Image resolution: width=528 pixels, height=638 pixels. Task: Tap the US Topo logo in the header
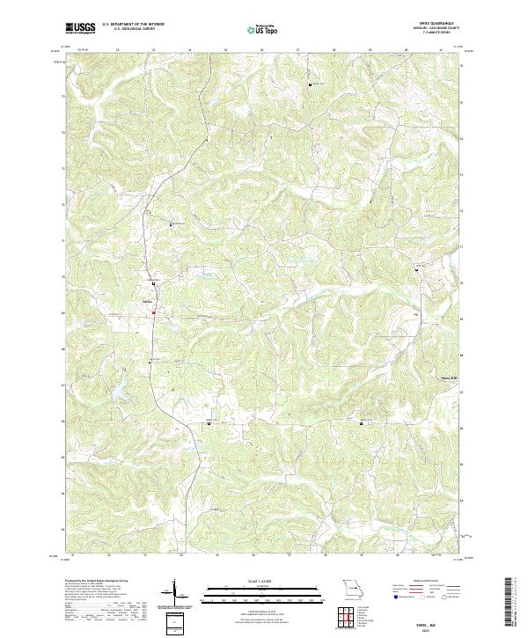[264, 28]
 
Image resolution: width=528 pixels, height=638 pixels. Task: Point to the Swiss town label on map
[147, 304]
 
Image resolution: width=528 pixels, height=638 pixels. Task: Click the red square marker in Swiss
[153, 312]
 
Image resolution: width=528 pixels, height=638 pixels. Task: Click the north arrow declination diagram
[173, 595]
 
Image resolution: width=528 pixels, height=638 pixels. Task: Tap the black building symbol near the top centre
[309, 84]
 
